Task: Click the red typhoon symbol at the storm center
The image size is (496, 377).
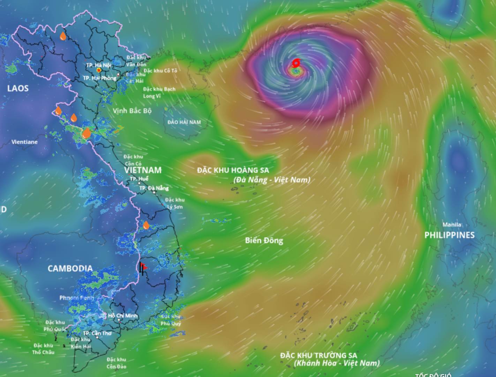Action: click(x=296, y=63)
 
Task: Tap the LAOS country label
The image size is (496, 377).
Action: click(x=18, y=88)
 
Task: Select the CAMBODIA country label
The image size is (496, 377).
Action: click(x=70, y=268)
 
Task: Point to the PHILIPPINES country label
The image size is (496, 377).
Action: click(x=449, y=235)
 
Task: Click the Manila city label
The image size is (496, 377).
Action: click(x=452, y=224)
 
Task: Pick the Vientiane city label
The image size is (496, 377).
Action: click(x=24, y=142)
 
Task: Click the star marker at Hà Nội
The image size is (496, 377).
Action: click(x=99, y=70)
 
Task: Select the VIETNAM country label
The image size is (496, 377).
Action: click(x=143, y=170)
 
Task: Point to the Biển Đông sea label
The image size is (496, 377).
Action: click(x=264, y=240)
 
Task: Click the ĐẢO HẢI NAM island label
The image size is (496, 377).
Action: click(x=184, y=122)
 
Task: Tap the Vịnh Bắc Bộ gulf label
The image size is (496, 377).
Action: click(x=132, y=111)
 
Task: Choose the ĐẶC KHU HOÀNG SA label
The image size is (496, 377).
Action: click(x=233, y=170)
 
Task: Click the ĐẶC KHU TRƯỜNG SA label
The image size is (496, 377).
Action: click(x=318, y=355)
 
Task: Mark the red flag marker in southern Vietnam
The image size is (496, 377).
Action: click(x=143, y=267)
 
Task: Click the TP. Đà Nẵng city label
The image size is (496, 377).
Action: click(x=154, y=188)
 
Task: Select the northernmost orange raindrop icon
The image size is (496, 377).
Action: click(x=63, y=36)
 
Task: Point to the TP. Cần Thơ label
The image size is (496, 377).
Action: click(x=97, y=333)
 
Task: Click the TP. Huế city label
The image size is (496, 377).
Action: click(x=139, y=179)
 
